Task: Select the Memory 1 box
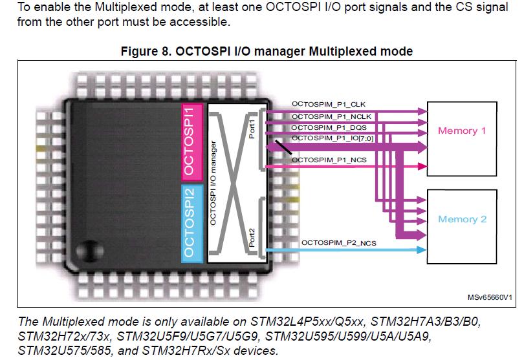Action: [462, 131]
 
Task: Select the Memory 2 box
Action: [462, 219]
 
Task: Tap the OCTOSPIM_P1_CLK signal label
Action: [324, 105]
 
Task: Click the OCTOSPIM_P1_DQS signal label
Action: [325, 127]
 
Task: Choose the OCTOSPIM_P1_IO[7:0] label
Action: [333, 138]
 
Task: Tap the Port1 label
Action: [252, 127]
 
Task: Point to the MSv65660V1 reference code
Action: [490, 297]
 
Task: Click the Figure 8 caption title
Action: [267, 51]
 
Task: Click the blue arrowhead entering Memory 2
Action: [422, 249]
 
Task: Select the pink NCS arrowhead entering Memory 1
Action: [422, 167]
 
